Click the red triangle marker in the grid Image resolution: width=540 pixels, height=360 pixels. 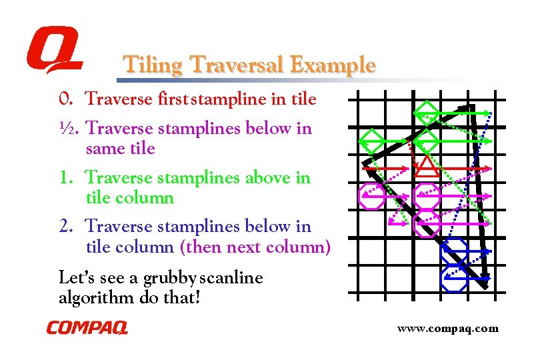pos(425,167)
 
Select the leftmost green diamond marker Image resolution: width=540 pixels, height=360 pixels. pos(372,139)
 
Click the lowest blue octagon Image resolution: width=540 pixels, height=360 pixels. pos(454,277)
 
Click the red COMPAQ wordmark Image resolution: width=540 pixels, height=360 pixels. pos(87,328)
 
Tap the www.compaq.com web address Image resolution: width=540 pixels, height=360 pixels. pos(447,328)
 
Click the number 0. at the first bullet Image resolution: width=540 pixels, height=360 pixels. pos(66,99)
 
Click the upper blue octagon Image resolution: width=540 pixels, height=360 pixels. pos(454,249)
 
